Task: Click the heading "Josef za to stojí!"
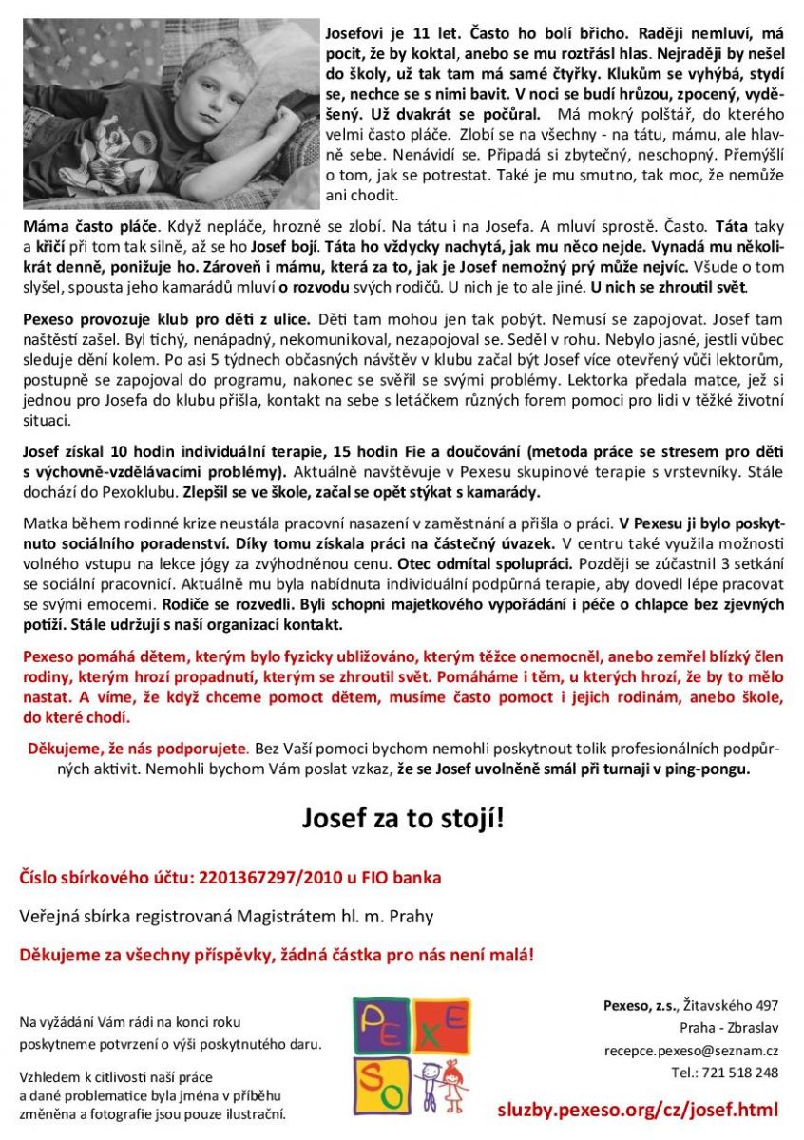[402, 817]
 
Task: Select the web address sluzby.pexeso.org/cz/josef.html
[637, 1109]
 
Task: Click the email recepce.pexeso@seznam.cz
[691, 1051]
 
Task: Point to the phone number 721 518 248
[737, 1073]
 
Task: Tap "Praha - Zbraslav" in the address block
[729, 1028]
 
